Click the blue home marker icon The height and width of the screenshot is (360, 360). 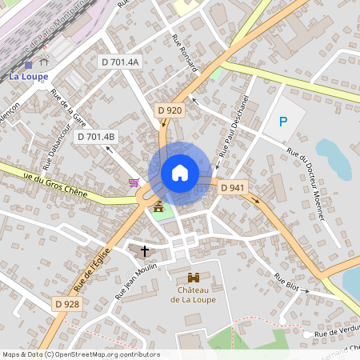pyautogui.click(x=180, y=173)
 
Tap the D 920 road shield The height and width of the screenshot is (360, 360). pyautogui.click(x=170, y=110)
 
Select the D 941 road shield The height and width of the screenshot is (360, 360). pyautogui.click(x=232, y=187)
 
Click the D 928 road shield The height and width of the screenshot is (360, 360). pyautogui.click(x=68, y=304)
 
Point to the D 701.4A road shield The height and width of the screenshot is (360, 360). pyautogui.click(x=119, y=62)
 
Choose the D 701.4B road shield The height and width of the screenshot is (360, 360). pyautogui.click(x=97, y=137)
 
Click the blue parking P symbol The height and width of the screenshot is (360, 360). pyautogui.click(x=282, y=122)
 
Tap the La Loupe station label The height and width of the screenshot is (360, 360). pyautogui.click(x=29, y=77)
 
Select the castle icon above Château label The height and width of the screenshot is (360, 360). pyautogui.click(x=192, y=277)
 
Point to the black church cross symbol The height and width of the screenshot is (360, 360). pyautogui.click(x=145, y=251)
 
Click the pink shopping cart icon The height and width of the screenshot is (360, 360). pyautogui.click(x=134, y=183)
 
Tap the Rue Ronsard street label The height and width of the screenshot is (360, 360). pyautogui.click(x=185, y=54)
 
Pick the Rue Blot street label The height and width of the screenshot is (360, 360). pyautogui.click(x=286, y=282)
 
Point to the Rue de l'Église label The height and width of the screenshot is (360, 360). pyautogui.click(x=91, y=269)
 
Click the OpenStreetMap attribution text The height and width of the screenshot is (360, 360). pyautogui.click(x=81, y=354)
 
